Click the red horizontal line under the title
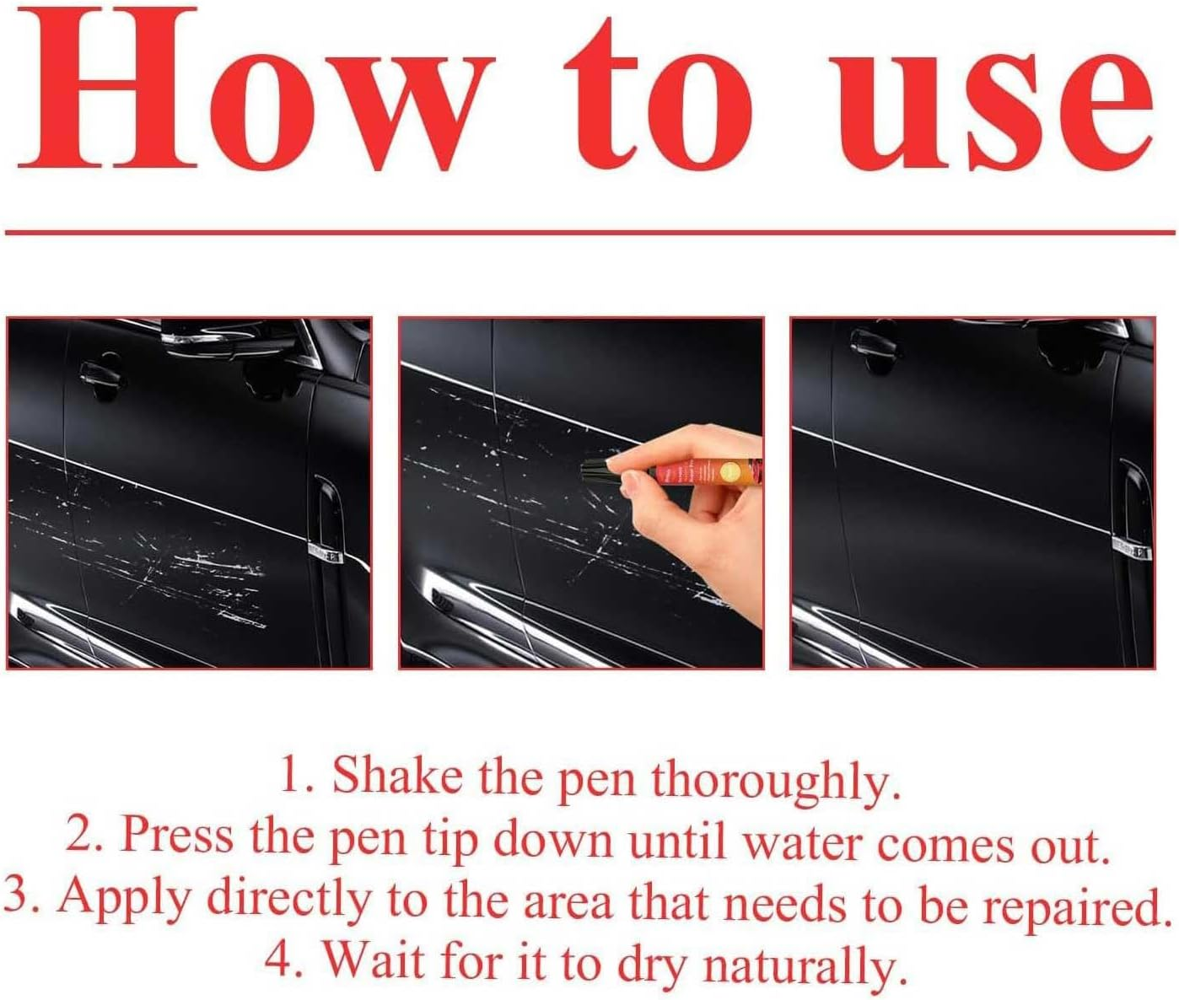pyautogui.click(x=589, y=231)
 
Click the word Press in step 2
pyautogui.click(x=177, y=835)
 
